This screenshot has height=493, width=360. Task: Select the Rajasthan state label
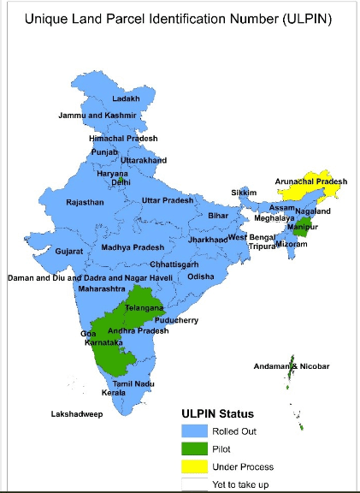coord(85,203)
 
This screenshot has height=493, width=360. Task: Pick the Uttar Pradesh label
coord(168,200)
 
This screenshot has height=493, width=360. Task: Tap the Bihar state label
coord(218,217)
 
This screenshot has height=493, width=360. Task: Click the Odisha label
coord(202,277)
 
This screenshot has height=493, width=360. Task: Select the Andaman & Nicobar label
coord(292,367)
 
